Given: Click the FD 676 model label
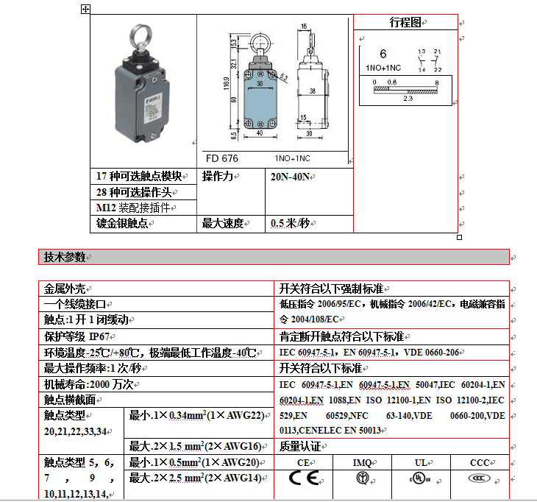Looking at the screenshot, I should click(x=221, y=158).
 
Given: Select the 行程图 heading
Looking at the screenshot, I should click(x=405, y=23).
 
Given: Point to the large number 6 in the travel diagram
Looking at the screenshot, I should click(x=383, y=54).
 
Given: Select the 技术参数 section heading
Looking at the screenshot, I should click(x=65, y=257).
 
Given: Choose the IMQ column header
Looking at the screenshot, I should click(x=361, y=462).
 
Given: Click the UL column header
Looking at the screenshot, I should click(x=420, y=462).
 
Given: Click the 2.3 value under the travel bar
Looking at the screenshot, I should click(x=408, y=98).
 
